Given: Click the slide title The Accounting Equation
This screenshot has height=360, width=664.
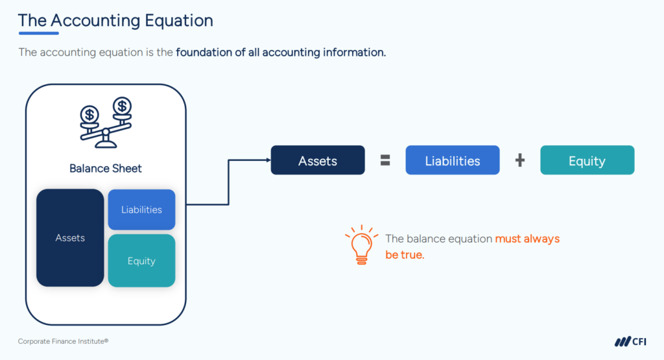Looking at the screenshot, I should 115,20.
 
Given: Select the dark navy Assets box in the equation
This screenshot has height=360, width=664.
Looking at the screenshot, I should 318,161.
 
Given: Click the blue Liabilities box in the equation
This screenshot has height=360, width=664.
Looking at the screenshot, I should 453,161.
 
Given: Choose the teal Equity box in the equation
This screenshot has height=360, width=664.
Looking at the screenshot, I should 587,161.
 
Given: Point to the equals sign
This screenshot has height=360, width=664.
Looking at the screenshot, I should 385,161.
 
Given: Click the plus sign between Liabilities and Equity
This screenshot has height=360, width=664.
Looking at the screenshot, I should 519,161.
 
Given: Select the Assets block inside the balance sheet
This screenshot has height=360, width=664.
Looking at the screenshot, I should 70,238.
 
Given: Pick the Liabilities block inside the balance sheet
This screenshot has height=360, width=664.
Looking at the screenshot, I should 141,210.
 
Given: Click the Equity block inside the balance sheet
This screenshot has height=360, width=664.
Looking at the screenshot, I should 141,261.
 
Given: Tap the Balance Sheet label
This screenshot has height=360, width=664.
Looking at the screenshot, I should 106,169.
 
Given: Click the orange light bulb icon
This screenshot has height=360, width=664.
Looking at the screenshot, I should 361,245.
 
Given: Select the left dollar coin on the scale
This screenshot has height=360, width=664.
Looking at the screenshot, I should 90,115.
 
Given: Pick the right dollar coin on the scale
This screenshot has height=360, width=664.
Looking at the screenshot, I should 121,105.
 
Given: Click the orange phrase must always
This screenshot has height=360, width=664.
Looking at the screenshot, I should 527,239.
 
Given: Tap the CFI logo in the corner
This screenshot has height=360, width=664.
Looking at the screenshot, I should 630,341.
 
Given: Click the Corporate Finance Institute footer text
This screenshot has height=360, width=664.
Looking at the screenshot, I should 58,341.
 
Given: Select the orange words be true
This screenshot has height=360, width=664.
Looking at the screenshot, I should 405,255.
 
